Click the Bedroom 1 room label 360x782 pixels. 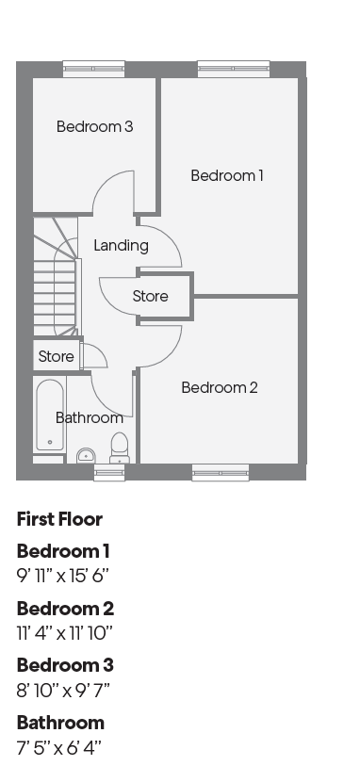(x=227, y=175)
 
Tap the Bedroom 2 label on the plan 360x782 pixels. (x=220, y=387)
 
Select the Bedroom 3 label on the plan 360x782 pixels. (x=95, y=126)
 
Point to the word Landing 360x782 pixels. (x=122, y=245)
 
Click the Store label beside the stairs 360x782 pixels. (x=56, y=356)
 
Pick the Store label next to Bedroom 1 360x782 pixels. (x=150, y=296)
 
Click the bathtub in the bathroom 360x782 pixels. (x=50, y=415)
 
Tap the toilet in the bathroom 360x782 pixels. (x=119, y=448)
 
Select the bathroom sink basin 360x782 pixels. (x=86, y=456)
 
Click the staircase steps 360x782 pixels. (x=56, y=277)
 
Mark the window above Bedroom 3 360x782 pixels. (x=93, y=69)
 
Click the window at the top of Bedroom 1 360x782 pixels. (x=234, y=69)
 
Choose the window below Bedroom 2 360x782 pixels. (x=221, y=472)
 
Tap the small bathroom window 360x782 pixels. (x=109, y=472)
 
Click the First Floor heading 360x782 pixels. (x=59, y=519)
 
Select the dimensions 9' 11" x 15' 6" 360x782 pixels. (x=63, y=576)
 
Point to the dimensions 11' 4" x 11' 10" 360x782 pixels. (x=65, y=633)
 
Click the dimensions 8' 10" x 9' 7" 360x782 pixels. (x=63, y=691)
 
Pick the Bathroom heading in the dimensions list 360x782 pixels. (x=61, y=723)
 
